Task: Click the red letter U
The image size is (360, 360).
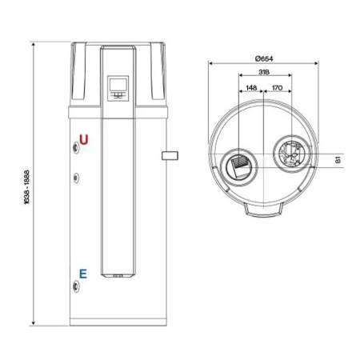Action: coord(84,139)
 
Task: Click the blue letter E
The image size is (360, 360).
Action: coord(83,274)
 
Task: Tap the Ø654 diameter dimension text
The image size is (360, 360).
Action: coord(264,58)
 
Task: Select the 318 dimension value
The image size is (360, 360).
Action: coord(264,72)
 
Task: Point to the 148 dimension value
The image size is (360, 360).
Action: coord(251,88)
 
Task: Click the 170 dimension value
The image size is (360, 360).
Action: coord(277,88)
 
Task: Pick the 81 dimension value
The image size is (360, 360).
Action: coord(338,160)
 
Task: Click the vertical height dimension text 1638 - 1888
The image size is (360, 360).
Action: coord(26,187)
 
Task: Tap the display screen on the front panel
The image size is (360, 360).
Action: coord(118,84)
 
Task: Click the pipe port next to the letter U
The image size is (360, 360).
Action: coord(76,148)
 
